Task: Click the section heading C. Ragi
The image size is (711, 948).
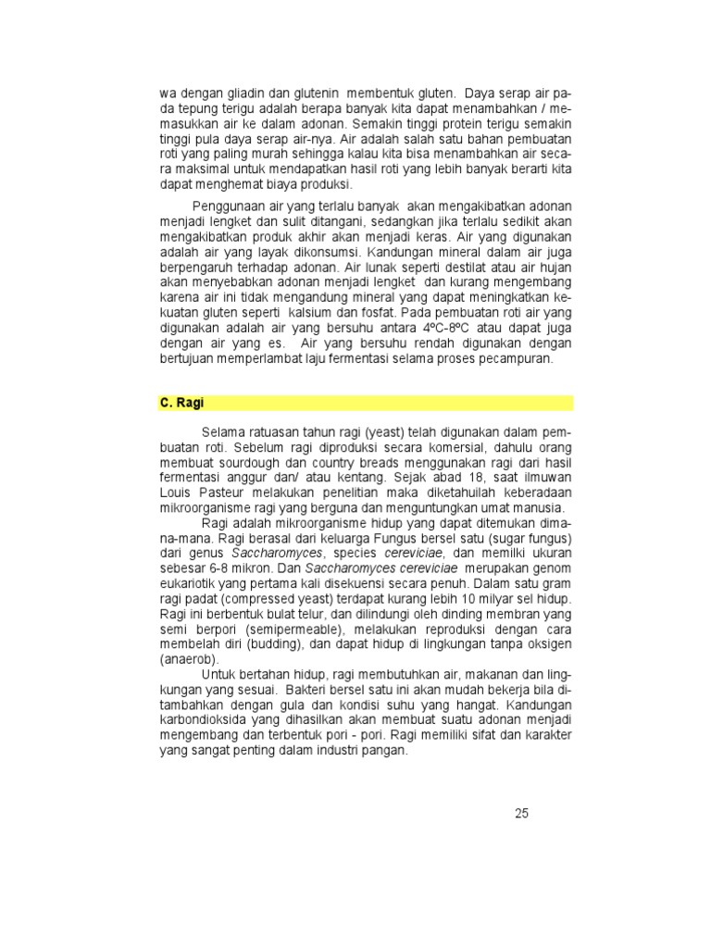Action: point(181,403)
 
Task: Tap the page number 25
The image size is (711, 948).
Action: point(521,814)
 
